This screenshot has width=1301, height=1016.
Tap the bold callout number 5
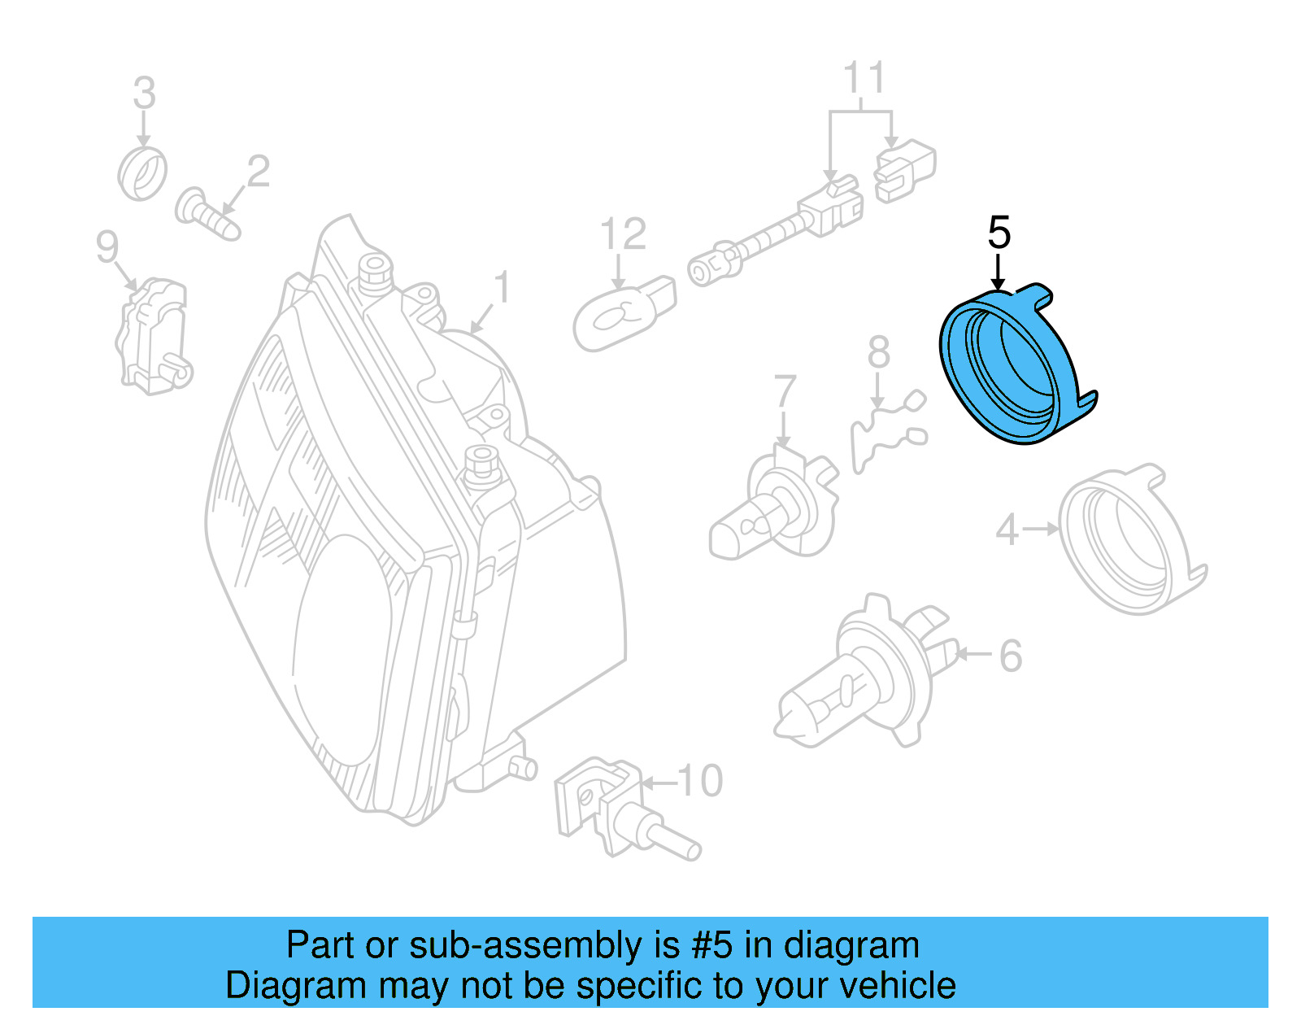point(999,233)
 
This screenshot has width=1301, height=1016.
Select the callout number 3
point(144,94)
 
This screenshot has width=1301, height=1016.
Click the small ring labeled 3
point(142,173)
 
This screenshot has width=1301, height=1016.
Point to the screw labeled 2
point(207,214)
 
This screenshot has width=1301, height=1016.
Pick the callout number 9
point(107,246)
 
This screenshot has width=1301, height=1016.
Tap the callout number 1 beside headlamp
point(503,287)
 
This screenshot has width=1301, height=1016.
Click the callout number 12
point(623,235)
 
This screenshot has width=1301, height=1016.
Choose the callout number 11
point(863,79)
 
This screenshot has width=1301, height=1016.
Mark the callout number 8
point(878,354)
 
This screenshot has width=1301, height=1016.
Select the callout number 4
point(1007,530)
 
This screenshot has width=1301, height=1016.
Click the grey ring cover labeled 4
point(1130,541)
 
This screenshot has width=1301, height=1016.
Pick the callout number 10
point(699,781)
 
